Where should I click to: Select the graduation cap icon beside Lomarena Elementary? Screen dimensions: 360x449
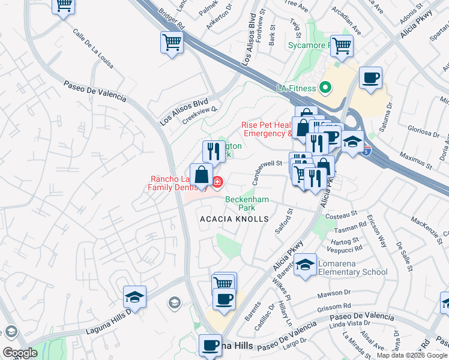tap(306, 264)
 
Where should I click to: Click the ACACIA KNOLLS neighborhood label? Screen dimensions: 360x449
tap(234, 219)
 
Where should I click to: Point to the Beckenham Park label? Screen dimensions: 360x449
tap(247, 203)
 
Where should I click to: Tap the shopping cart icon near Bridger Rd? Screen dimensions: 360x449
tap(172, 43)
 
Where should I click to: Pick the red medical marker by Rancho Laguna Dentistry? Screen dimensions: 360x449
tap(217, 181)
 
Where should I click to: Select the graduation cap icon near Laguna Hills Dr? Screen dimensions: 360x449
tap(134, 297)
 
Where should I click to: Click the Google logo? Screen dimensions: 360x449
tap(20, 353)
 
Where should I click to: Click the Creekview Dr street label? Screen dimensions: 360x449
tap(199, 113)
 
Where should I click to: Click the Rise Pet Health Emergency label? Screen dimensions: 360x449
tap(267, 130)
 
